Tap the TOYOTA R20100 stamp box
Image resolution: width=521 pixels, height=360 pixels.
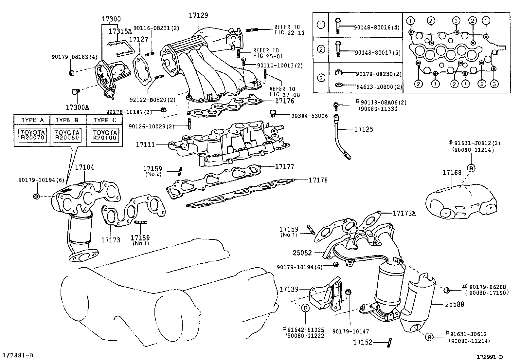click(105, 134)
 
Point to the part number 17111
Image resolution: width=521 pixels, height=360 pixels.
click(146, 144)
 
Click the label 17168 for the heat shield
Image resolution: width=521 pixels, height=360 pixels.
click(452, 172)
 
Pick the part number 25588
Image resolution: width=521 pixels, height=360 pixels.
click(454, 304)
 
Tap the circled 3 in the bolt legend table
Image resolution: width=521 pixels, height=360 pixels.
click(321, 78)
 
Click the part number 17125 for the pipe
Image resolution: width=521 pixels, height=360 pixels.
click(364, 129)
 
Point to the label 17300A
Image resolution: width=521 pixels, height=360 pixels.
click(77, 107)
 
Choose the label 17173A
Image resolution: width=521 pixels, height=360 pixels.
click(404, 213)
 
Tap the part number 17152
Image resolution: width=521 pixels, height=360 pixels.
click(363, 342)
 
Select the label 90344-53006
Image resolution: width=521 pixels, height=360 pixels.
click(309, 116)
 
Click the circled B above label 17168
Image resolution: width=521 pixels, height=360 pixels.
click(471, 168)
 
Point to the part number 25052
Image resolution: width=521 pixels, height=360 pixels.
click(302, 253)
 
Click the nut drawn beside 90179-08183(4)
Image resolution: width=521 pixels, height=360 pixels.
click(72, 73)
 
